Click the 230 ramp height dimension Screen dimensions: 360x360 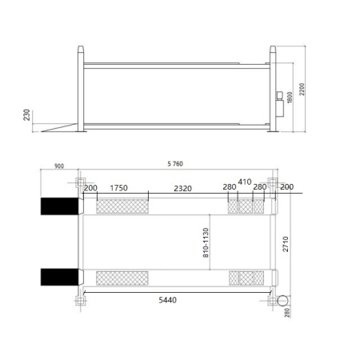click(26, 115)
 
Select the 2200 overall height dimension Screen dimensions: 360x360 click(302, 89)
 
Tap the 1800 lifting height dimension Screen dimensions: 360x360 click(290, 98)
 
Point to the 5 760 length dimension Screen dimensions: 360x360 click(175, 164)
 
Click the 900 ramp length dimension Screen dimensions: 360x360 click(59, 166)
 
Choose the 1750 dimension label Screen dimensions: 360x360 click(119, 188)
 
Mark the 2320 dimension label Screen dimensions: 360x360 click(182, 189)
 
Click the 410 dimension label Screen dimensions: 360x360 click(245, 182)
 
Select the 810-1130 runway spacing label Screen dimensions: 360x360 click(206, 242)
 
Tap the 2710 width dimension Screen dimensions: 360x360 click(286, 244)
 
